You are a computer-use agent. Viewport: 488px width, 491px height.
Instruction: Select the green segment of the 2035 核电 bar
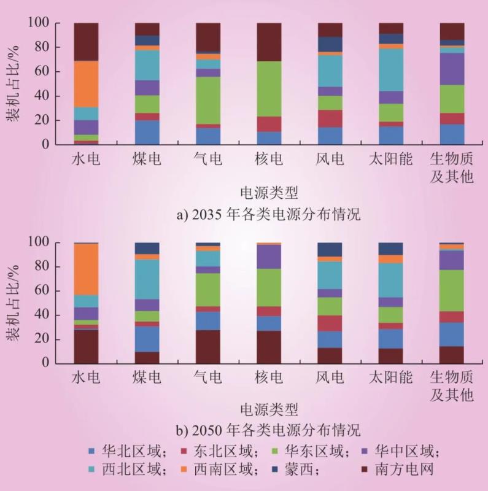[269, 88]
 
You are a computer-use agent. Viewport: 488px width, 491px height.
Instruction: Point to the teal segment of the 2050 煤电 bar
[147, 279]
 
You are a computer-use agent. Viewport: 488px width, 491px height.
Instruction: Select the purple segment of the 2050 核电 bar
[269, 257]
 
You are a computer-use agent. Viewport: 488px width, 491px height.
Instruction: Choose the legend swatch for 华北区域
[91, 452]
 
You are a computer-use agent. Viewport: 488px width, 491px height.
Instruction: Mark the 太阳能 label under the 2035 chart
[391, 160]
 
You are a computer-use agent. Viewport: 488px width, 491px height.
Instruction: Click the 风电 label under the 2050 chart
[330, 379]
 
